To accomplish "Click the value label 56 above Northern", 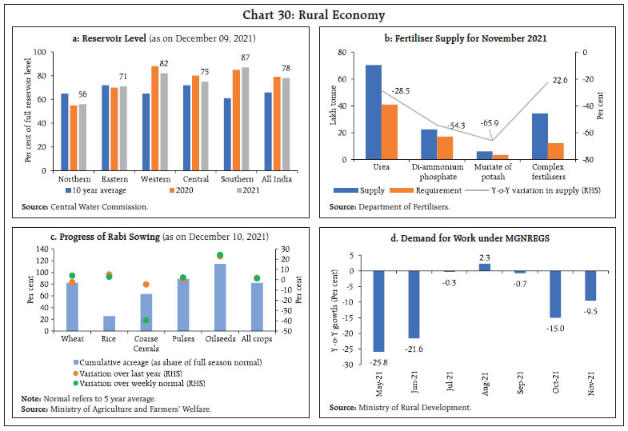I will click(82, 94).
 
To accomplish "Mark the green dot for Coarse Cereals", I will click(146, 320).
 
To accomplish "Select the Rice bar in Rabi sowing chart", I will click(109, 323).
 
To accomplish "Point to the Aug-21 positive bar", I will click(485, 267).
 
